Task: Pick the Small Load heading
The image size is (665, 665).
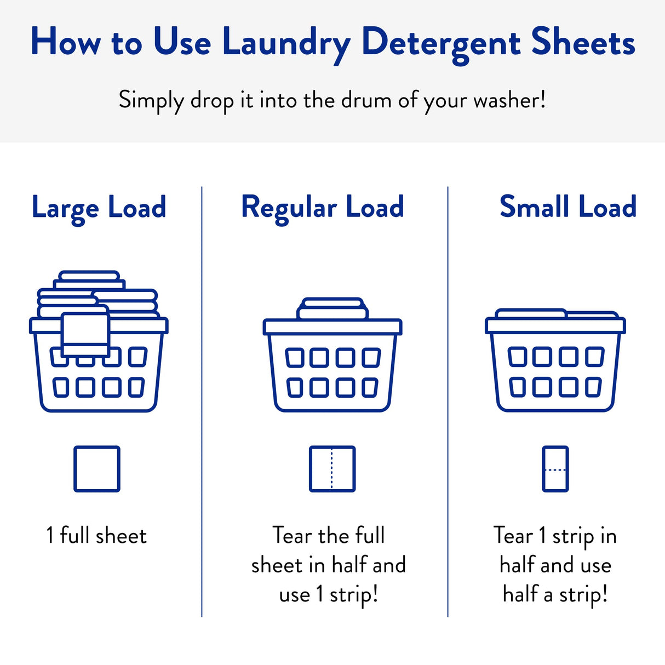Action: click(567, 207)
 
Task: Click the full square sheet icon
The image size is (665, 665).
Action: click(97, 469)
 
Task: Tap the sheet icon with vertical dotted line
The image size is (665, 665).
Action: click(332, 469)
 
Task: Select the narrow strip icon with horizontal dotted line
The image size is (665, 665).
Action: click(555, 469)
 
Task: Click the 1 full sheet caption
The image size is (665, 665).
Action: click(96, 536)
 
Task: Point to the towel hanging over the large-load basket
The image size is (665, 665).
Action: click(85, 334)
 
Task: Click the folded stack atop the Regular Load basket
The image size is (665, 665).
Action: click(332, 309)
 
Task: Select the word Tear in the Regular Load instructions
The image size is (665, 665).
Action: click(293, 536)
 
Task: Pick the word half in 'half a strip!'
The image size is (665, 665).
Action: click(520, 594)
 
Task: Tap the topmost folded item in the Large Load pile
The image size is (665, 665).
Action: click(89, 276)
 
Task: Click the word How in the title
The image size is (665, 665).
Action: click(66, 43)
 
